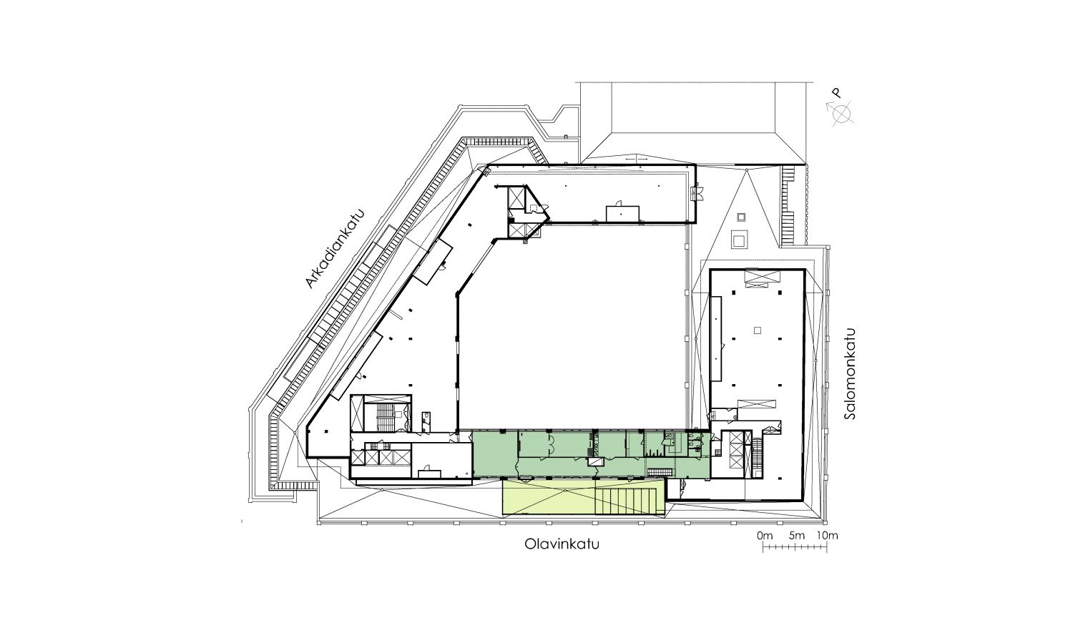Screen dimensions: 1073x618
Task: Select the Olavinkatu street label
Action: (562, 544)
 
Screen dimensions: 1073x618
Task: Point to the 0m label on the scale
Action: (765, 535)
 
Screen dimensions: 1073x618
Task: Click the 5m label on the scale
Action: (796, 535)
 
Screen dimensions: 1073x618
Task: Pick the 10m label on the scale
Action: (827, 535)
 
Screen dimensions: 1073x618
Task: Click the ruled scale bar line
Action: (795, 546)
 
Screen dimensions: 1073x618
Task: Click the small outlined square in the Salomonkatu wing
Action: (758, 330)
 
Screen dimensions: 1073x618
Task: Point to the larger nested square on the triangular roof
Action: (739, 239)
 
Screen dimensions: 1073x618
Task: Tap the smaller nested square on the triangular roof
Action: (741, 217)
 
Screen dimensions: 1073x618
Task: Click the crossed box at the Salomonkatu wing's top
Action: (762, 278)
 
